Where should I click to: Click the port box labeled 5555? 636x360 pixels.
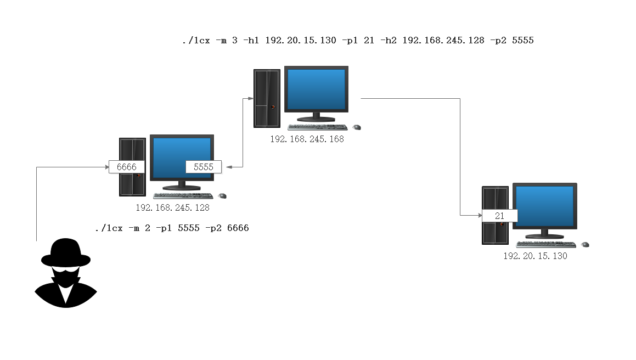coord(203,167)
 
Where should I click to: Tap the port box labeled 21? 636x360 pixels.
coord(499,216)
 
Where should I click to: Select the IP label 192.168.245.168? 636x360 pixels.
coord(307,139)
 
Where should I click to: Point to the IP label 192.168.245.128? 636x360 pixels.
coord(173,208)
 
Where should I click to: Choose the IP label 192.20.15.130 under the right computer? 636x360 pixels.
coord(535,256)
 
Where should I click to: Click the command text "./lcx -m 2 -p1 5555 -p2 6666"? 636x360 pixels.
coord(172,228)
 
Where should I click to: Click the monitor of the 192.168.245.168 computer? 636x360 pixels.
coord(316,89)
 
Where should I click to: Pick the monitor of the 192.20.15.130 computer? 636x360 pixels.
coord(544,206)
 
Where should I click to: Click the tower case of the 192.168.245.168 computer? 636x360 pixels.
coord(267,98)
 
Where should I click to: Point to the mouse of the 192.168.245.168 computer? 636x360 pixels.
coord(357,127)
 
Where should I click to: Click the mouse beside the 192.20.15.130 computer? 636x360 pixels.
coord(586,244)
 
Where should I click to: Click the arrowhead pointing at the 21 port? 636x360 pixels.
coord(479,216)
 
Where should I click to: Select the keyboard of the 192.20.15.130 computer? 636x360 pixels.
coord(545,244)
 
